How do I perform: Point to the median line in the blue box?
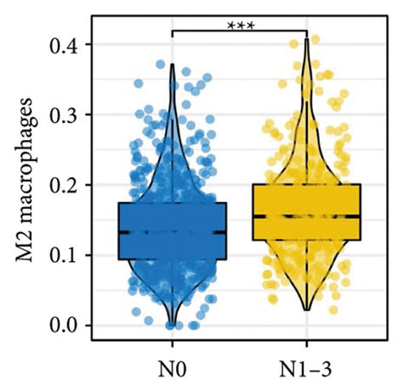point(172,232)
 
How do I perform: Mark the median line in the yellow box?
point(307,215)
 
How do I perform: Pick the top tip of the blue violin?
point(172,64)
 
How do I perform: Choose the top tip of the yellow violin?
point(307,39)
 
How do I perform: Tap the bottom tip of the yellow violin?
point(307,310)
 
